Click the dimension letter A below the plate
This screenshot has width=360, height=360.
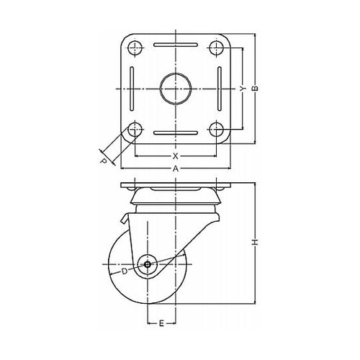coord(176,169)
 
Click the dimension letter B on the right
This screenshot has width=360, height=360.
coord(255,89)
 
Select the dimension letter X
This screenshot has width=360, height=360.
coord(176,156)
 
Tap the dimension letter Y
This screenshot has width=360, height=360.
coord(243,89)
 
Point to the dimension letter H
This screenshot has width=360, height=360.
coord(255,243)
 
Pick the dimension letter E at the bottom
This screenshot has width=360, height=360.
coord(161,323)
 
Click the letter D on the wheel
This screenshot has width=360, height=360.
coord(124,271)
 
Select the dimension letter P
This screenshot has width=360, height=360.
coord(103,161)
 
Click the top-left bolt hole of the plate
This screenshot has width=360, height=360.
coord(135,48)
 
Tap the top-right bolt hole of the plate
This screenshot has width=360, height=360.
coord(217,48)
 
